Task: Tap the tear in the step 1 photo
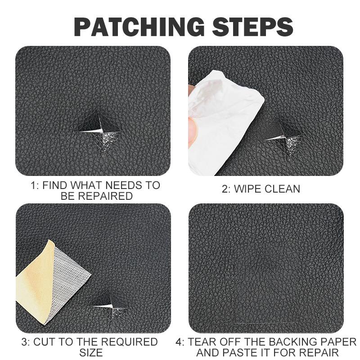pos(100,128)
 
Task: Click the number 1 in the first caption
pos(33,185)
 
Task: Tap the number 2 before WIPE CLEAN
pos(225,189)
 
